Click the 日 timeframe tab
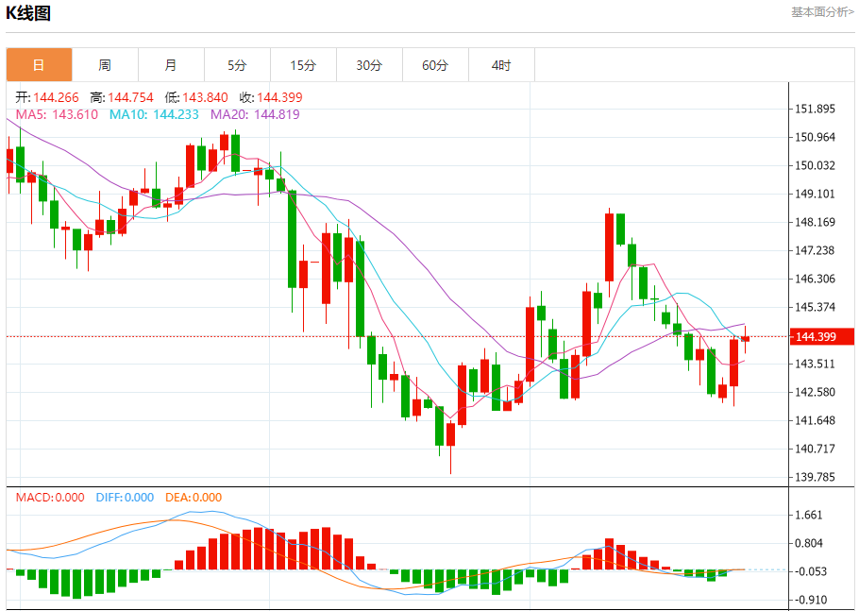coord(39,65)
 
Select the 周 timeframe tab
coord(105,65)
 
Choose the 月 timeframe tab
coord(171,65)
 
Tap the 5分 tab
coord(237,65)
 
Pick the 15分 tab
coord(303,65)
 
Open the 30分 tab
coord(369,65)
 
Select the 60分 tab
coord(435,65)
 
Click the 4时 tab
coord(501,65)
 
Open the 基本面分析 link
coord(822,12)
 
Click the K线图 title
coord(29,13)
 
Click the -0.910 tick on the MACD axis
coord(811,600)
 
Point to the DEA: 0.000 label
coord(194,498)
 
